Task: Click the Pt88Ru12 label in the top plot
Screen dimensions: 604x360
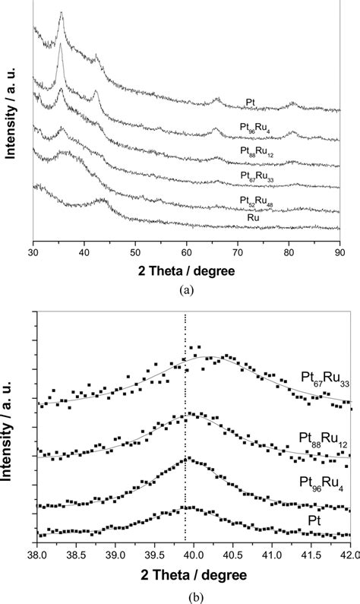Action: pos(254,151)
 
